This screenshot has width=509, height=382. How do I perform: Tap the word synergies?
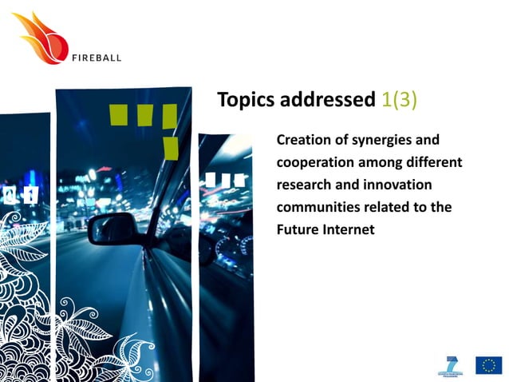pyautogui.click(x=385, y=140)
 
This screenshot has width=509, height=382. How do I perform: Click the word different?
pyautogui.click(x=435, y=162)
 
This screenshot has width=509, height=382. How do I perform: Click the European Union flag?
pyautogui.click(x=489, y=365)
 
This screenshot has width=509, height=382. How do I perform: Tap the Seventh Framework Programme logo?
pyautogui.click(x=452, y=364)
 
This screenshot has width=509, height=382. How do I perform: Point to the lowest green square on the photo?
pyautogui.click(x=170, y=147)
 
